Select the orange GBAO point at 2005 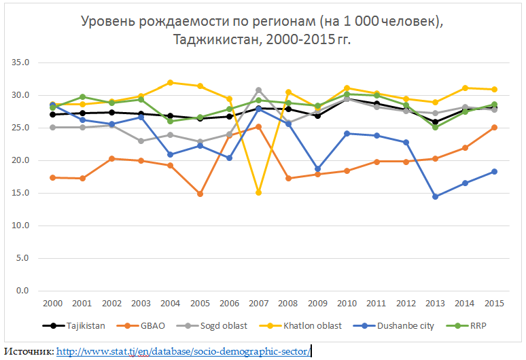pyautogui.click(x=200, y=194)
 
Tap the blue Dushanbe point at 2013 pyautogui.click(x=436, y=196)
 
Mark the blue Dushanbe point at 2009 pyautogui.click(x=317, y=168)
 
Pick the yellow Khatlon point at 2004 pyautogui.click(x=170, y=83)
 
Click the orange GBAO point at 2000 pyautogui.click(x=52, y=177)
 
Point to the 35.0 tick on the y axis pyautogui.click(x=22, y=62)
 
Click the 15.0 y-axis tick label pyautogui.click(x=22, y=193)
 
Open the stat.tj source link pyautogui.click(x=183, y=351)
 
